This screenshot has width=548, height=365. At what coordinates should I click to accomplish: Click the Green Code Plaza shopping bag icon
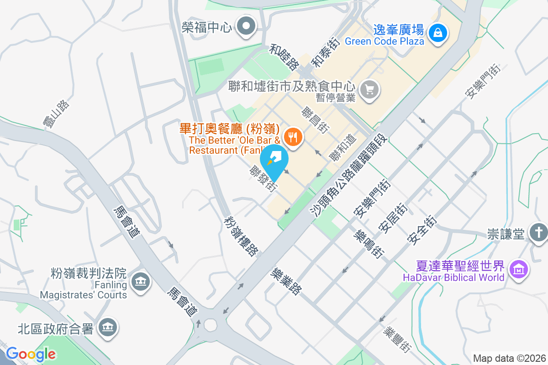(438, 32)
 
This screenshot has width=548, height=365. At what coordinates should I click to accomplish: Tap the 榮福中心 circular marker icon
(247, 26)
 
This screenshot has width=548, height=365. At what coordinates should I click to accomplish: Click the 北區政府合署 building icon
(108, 328)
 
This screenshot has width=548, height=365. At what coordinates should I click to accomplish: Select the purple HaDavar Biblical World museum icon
(519, 269)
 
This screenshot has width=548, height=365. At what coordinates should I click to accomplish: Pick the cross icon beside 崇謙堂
(538, 233)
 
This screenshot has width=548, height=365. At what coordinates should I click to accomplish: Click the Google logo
(31, 354)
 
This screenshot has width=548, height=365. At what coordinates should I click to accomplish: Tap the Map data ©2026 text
(509, 358)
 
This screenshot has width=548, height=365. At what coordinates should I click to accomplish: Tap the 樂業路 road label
(286, 281)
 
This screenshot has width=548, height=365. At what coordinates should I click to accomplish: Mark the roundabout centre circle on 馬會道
(210, 325)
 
